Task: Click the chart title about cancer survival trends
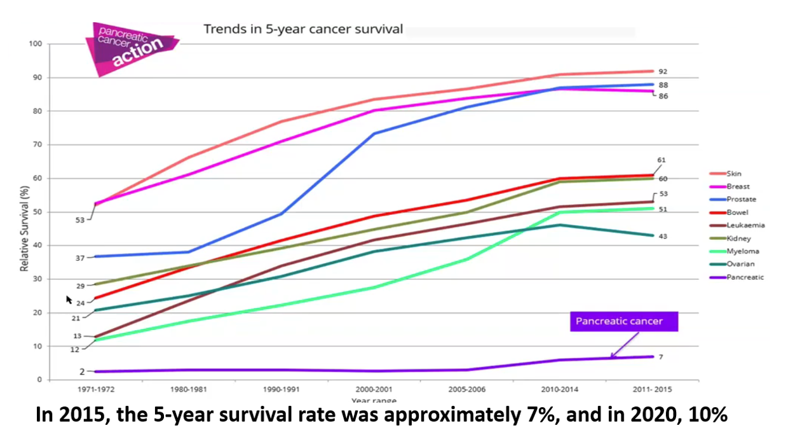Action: point(302,29)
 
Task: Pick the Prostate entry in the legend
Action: point(737,199)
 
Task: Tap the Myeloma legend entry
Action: point(737,251)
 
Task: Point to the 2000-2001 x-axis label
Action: point(374,389)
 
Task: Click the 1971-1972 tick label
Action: point(96,389)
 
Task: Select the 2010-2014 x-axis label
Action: point(560,389)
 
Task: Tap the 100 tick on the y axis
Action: point(35,44)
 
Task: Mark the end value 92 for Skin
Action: point(662,72)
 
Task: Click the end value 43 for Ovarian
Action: point(662,237)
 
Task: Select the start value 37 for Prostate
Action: point(81,258)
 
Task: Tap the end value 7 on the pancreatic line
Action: point(660,357)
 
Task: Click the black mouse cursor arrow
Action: point(69,300)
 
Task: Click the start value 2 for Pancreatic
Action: point(82,371)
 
